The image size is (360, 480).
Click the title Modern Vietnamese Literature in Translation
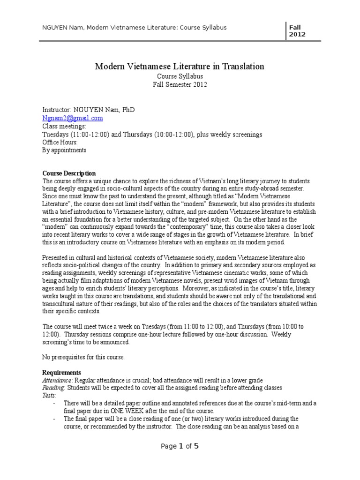coord(180,67)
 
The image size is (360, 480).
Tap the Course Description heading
coord(69,173)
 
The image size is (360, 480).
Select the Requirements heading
coord(62,372)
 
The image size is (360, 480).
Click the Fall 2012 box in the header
coord(297,30)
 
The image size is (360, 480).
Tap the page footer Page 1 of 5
coord(180,446)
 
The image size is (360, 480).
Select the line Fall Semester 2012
coord(180,84)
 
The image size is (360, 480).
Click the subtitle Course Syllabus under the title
coord(180,76)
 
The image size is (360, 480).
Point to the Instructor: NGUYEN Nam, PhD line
coord(88,110)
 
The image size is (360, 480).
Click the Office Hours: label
coord(60,142)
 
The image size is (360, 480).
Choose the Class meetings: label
coord(64,126)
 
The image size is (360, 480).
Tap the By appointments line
coord(64,150)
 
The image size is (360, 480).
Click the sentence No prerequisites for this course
coord(84,357)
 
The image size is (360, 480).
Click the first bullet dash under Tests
coord(55,403)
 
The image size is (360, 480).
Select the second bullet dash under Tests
coord(55,419)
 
